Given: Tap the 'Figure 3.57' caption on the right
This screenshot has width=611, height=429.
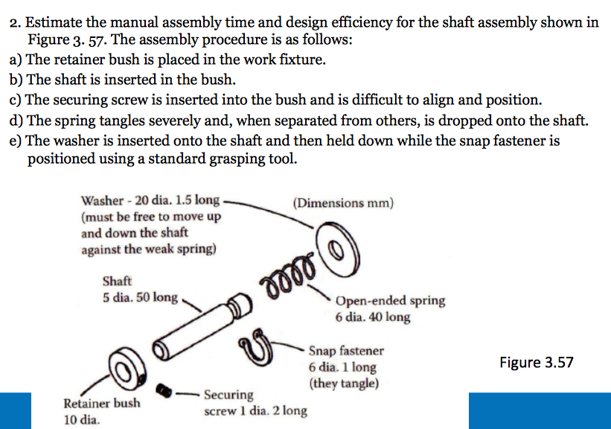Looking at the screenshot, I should [x=537, y=363].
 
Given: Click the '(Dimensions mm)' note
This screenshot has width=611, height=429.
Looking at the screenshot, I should [x=343, y=203].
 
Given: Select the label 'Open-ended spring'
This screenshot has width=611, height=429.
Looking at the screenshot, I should [x=390, y=301].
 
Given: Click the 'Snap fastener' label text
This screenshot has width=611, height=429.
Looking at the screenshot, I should [x=346, y=350].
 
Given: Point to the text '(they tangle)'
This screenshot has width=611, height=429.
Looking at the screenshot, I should [x=343, y=384].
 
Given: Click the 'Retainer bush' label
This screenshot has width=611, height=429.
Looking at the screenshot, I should [x=101, y=404].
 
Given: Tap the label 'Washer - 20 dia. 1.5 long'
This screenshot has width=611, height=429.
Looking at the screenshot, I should [x=150, y=200].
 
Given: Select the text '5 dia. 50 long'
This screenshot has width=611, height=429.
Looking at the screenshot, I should [x=141, y=297].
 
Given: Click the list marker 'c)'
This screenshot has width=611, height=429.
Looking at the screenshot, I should [x=16, y=100].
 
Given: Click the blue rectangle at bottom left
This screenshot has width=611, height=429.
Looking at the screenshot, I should [x=16, y=410].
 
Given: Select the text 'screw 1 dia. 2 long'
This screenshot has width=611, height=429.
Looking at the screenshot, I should [x=255, y=410].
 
